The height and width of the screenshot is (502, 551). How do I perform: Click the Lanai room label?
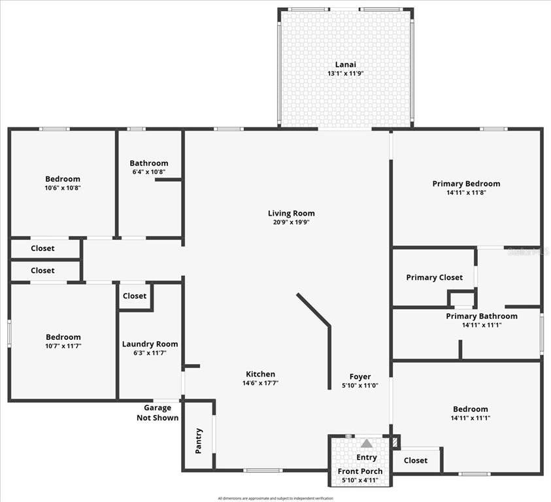click(345, 64)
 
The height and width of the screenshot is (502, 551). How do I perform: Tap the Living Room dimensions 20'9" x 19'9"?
click(291, 222)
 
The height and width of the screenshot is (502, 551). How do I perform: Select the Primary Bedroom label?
click(466, 184)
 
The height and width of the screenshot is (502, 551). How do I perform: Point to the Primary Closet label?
click(434, 277)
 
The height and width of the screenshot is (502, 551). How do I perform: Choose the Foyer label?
click(360, 376)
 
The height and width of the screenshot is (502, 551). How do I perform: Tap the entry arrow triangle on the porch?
click(367, 444)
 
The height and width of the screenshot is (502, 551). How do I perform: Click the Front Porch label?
click(360, 471)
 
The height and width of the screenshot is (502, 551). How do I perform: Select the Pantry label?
click(199, 441)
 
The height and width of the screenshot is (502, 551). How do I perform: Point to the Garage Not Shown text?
click(157, 413)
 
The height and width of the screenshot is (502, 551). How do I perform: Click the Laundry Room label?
click(150, 344)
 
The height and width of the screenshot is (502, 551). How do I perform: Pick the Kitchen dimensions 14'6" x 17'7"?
click(260, 383)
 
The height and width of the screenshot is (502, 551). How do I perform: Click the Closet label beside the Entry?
click(416, 460)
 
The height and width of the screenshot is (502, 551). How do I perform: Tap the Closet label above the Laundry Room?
click(135, 295)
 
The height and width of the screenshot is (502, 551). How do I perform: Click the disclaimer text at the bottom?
click(275, 498)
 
